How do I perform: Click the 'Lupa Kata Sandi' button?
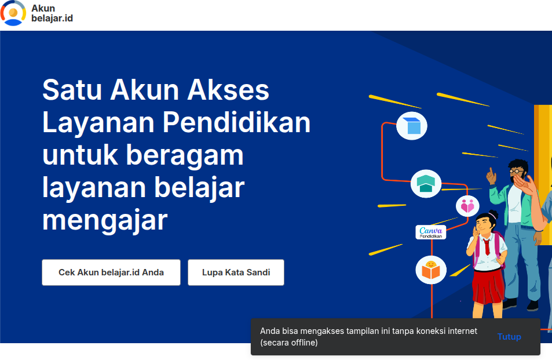[236, 272]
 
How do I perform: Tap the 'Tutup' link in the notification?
[509, 337]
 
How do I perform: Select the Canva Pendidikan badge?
[431, 232]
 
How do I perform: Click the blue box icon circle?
[412, 126]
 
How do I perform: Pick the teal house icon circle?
[426, 184]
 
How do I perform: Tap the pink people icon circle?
[467, 206]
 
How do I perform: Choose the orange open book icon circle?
[431, 270]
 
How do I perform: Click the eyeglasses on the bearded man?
[516, 171]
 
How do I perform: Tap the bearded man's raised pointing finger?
[490, 172]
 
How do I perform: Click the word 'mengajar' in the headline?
[105, 220]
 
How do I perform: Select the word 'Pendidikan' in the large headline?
[236, 123]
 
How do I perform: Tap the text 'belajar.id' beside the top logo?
[52, 19]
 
